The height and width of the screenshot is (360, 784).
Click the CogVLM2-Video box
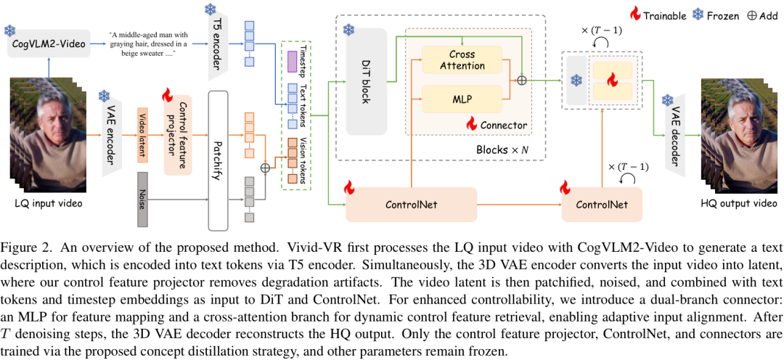click(x=48, y=45)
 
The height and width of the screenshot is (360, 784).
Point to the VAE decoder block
click(x=674, y=135)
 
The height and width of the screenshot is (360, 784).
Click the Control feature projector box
click(x=177, y=134)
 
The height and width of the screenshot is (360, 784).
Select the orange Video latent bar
click(x=142, y=134)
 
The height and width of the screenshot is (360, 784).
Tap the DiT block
click(x=366, y=82)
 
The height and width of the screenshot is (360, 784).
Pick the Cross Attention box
click(x=462, y=60)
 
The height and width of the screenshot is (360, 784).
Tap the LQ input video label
click(x=48, y=204)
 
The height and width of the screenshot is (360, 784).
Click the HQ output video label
click(x=738, y=204)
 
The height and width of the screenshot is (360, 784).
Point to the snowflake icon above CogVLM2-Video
click(x=10, y=30)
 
